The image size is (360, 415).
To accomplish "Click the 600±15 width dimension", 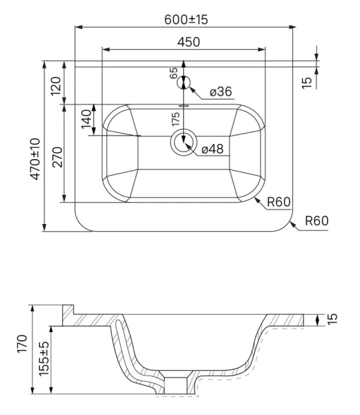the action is (186, 19).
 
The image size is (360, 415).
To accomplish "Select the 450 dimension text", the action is (189, 42).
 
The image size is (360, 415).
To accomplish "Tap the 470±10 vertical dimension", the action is (35, 159).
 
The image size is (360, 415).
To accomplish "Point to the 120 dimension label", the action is (56, 86).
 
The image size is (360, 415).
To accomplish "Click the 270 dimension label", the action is (57, 157).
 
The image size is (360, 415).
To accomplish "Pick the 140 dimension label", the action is (86, 119).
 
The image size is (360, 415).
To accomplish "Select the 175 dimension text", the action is (176, 119).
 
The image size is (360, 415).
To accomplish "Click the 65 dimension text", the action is (173, 73).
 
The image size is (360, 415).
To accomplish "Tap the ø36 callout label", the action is (220, 91).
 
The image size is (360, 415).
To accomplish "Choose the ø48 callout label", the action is (213, 149).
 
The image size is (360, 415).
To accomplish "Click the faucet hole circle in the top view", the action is (184, 82).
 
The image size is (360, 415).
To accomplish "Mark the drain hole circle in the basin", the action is (183, 142).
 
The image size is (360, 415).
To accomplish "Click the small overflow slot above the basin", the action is (184, 106).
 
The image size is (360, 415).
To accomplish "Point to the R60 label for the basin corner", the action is (278, 202).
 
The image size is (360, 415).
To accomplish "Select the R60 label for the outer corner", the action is (316, 221).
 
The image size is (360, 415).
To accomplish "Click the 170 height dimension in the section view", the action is (22, 343).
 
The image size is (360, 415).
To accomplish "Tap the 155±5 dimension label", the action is (44, 358).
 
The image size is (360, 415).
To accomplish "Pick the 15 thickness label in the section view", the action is (332, 318).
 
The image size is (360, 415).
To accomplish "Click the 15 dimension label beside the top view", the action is (307, 83).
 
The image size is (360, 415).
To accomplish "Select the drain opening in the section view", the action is (176, 386).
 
